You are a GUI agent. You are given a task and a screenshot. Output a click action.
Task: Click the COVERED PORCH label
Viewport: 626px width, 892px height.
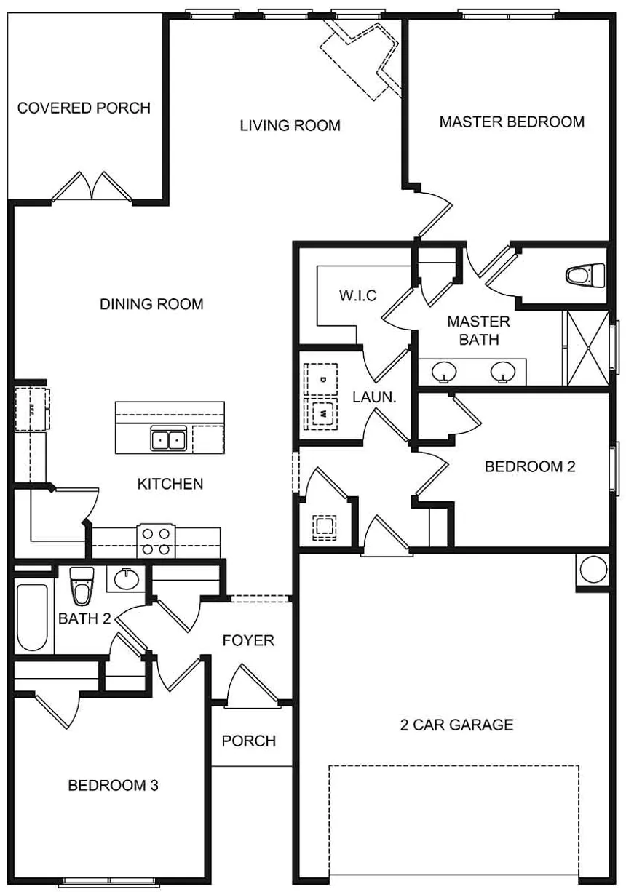[x=84, y=108]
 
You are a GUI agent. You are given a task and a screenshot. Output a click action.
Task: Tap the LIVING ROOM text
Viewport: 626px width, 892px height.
[x=290, y=126]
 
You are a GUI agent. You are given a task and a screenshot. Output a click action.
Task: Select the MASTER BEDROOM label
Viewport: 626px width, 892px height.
[x=512, y=122]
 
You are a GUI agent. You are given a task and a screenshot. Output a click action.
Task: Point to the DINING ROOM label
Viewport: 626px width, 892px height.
[x=151, y=304]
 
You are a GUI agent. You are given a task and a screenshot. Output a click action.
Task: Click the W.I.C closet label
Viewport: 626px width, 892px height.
[x=357, y=296]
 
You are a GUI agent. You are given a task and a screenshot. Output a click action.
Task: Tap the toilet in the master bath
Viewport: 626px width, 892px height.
[x=586, y=276]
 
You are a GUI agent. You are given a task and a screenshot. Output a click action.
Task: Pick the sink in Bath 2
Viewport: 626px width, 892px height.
[x=126, y=580]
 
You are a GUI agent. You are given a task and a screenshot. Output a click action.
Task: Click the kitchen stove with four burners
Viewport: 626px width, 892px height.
[x=156, y=541]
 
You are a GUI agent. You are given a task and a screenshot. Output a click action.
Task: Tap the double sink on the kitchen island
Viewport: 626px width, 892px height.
[x=168, y=439]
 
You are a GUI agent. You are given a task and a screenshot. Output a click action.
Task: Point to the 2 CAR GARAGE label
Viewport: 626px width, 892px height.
[x=456, y=725]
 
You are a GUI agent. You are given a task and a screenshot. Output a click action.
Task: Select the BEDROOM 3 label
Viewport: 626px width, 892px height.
[x=113, y=786]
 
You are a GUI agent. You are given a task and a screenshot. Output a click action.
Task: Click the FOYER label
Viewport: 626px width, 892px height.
[x=248, y=640]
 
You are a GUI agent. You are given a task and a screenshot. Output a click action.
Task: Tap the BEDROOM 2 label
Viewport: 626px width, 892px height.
[x=530, y=467]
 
